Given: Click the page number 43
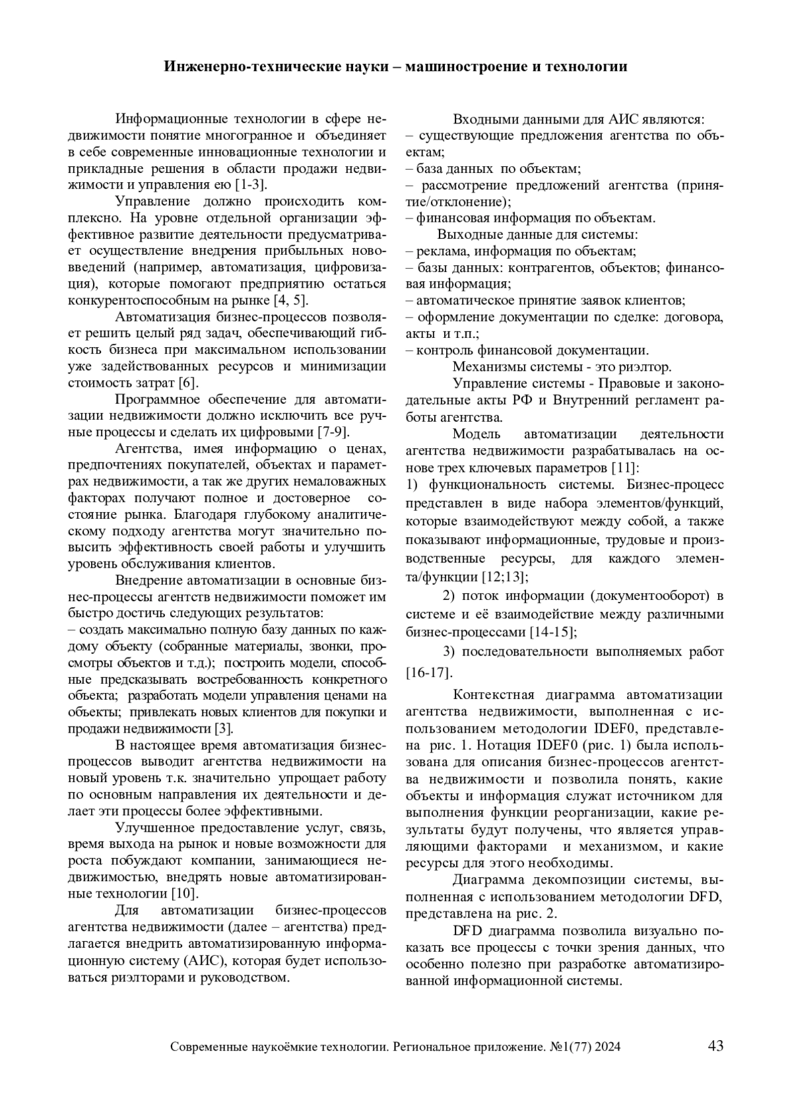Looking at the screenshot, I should tap(715, 1045).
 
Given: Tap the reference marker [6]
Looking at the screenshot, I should tap(188, 383).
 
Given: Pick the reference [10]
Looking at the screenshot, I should tap(185, 894).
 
